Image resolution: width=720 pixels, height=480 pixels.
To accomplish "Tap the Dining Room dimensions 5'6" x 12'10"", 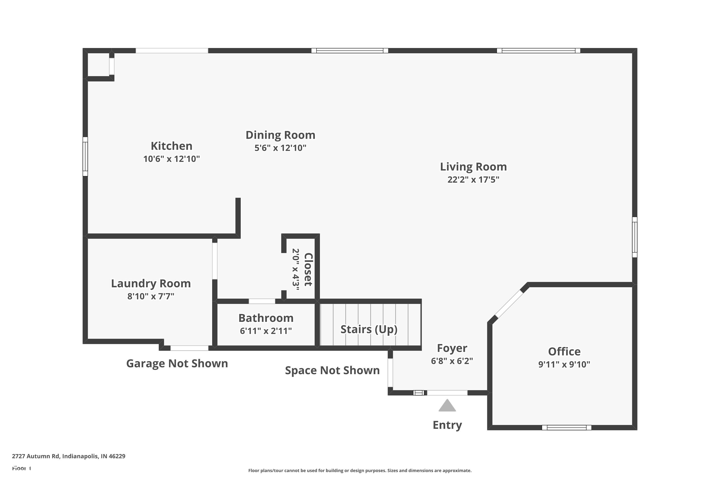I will click(x=280, y=148).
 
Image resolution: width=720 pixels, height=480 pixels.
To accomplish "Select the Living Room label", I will click(x=473, y=167).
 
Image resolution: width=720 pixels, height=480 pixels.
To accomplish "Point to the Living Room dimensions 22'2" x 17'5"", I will click(x=473, y=180).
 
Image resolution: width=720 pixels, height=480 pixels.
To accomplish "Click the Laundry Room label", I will click(x=151, y=283).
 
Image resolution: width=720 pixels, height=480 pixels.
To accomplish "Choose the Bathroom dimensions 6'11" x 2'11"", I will click(x=266, y=331).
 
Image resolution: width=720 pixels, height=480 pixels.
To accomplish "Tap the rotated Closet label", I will click(x=308, y=269).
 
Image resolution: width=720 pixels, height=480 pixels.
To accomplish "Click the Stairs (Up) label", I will click(x=369, y=329).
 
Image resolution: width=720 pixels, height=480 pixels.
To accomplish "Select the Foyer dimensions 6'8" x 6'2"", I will click(x=452, y=361).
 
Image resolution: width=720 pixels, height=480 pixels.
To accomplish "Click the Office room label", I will click(x=564, y=351).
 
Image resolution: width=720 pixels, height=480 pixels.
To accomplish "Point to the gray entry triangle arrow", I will click(x=447, y=406).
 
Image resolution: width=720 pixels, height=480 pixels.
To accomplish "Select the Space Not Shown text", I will click(x=332, y=370).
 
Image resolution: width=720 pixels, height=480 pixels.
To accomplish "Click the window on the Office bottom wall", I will click(x=566, y=428).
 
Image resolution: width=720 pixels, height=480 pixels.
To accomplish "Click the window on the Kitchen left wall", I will click(x=85, y=156).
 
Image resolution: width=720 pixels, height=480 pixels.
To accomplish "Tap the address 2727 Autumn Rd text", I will click(x=69, y=456).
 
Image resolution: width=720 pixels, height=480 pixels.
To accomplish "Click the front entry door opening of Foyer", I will click(x=447, y=393).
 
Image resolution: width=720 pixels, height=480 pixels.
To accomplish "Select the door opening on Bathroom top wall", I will click(x=262, y=301).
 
